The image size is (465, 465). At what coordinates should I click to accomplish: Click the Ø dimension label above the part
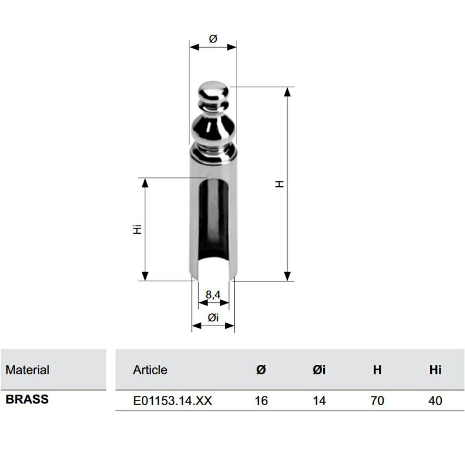point(213,38)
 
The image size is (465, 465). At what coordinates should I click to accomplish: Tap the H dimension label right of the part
point(280,184)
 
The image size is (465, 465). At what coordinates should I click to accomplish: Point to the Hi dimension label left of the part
point(137,229)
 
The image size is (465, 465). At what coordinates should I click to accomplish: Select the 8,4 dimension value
point(213,295)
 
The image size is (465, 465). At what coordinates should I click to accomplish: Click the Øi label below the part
point(213,317)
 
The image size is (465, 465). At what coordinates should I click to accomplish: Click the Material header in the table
point(27,370)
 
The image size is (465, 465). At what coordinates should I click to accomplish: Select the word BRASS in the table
point(27,400)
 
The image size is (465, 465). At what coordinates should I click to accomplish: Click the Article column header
point(150,370)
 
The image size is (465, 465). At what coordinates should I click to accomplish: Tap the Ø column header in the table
point(261,370)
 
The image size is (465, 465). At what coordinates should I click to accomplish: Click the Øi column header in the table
point(319,370)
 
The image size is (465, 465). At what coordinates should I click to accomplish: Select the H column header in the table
point(377,370)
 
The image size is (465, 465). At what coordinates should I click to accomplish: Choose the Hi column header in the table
point(435,370)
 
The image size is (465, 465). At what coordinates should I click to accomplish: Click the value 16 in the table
point(261,400)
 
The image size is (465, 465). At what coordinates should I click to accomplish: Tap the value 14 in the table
point(319,400)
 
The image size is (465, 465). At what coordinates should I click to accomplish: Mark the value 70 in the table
point(377,400)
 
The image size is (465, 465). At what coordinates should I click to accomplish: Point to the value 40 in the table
point(435,400)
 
